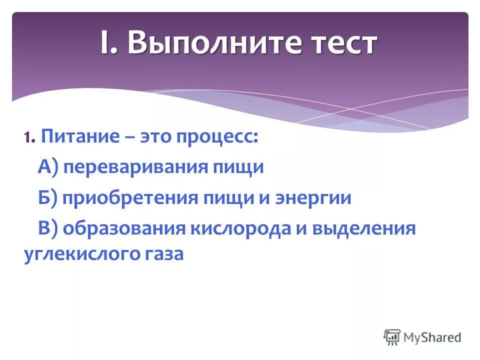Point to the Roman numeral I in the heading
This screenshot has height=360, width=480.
[x=105, y=43]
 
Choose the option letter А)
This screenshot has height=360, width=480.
[x=48, y=167]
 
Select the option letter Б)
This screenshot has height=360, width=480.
[x=48, y=198]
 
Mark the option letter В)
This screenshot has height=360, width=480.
[x=48, y=229]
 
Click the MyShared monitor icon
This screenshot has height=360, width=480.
[x=392, y=336]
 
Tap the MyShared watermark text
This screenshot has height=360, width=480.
[x=432, y=337]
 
